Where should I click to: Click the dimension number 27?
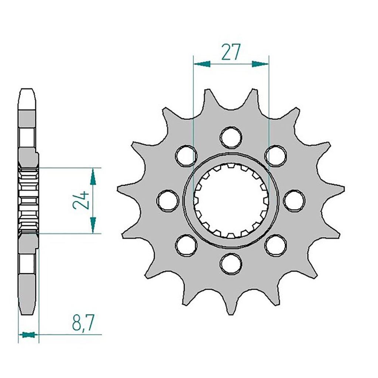click(231, 52)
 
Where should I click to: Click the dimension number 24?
click(81, 200)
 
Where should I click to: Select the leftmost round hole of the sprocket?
click(168, 200)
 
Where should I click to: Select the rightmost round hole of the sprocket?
click(294, 200)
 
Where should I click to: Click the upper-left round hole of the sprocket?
click(186, 155)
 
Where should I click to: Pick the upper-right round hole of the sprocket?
click(276, 155)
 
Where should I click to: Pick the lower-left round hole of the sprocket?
click(186, 245)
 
